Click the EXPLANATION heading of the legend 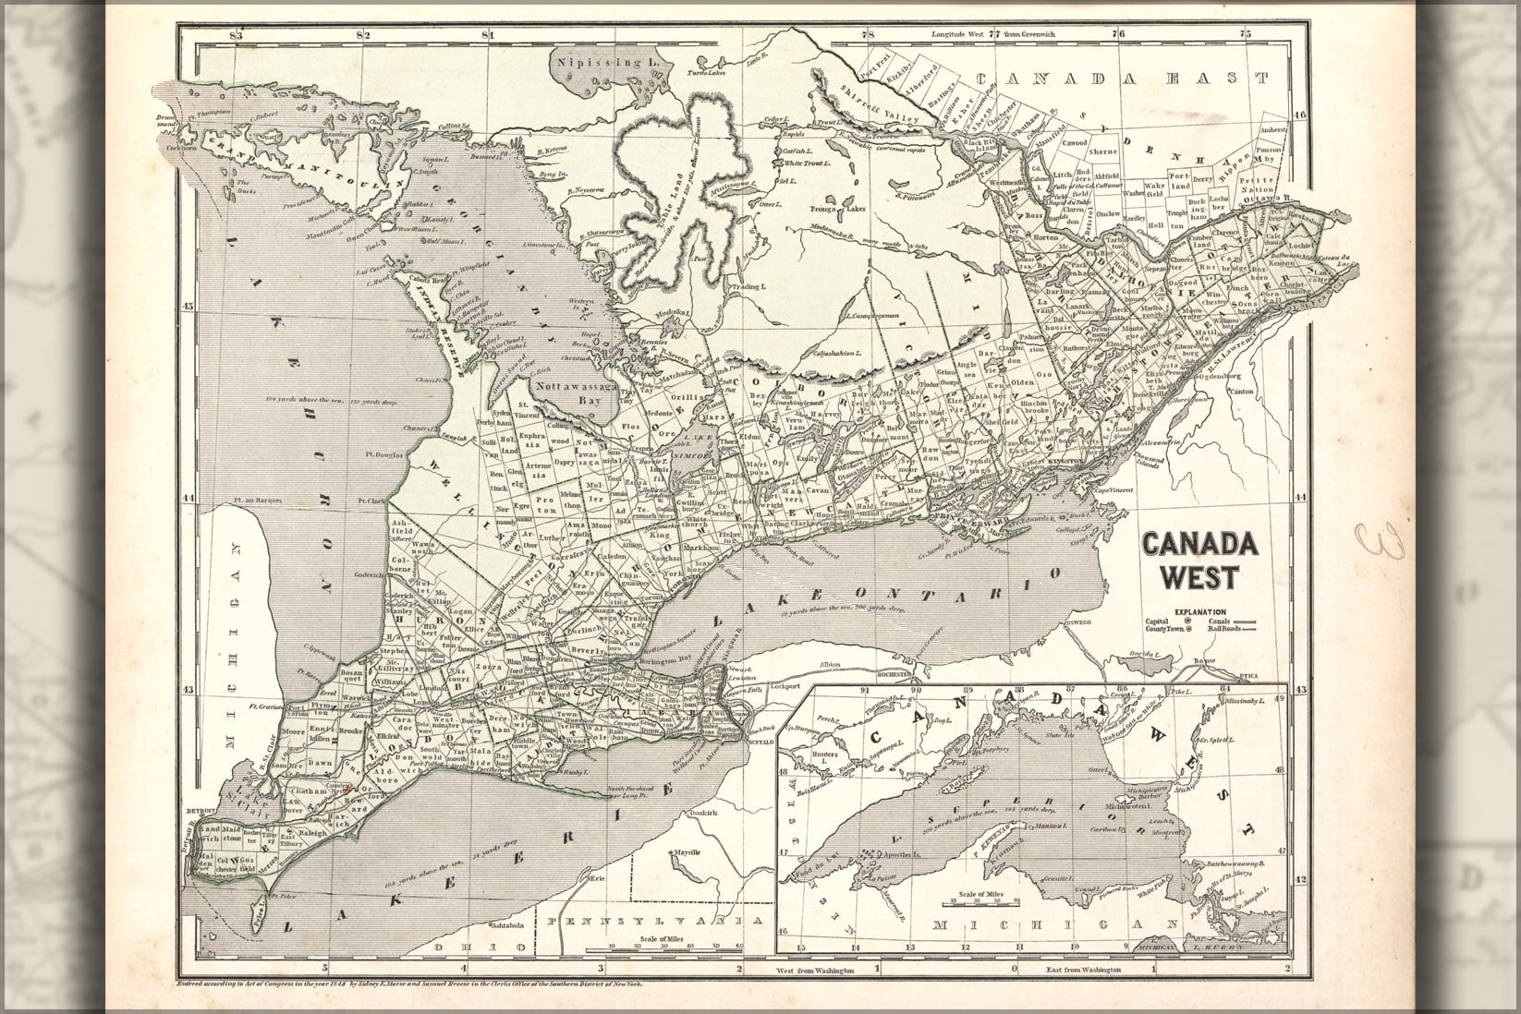click(x=1200, y=611)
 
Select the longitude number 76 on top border click(x=1119, y=35)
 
